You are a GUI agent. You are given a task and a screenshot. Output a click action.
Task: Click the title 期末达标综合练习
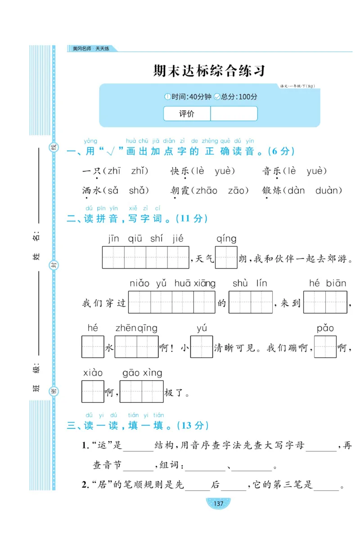click(x=209, y=71)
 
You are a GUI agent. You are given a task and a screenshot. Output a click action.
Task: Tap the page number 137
click(x=218, y=503)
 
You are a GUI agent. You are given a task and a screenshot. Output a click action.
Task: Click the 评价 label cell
click(x=187, y=114)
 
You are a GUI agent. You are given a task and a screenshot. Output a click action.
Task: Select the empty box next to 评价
click(x=234, y=114)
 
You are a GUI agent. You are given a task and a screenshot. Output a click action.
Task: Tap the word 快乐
click(x=180, y=171)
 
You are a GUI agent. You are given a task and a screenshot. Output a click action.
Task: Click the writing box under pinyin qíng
click(x=226, y=257)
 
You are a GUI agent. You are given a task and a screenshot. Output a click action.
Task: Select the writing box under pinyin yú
click(x=201, y=347)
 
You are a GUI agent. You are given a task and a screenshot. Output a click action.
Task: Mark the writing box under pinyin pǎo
click(x=325, y=347)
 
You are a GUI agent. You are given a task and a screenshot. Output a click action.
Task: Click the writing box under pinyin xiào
click(x=93, y=391)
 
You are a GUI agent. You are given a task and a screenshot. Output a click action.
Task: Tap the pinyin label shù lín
click(x=250, y=283)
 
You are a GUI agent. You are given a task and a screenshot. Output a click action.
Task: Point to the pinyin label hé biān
click(x=327, y=283)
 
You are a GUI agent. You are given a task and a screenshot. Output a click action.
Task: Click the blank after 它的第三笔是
click(x=327, y=486)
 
